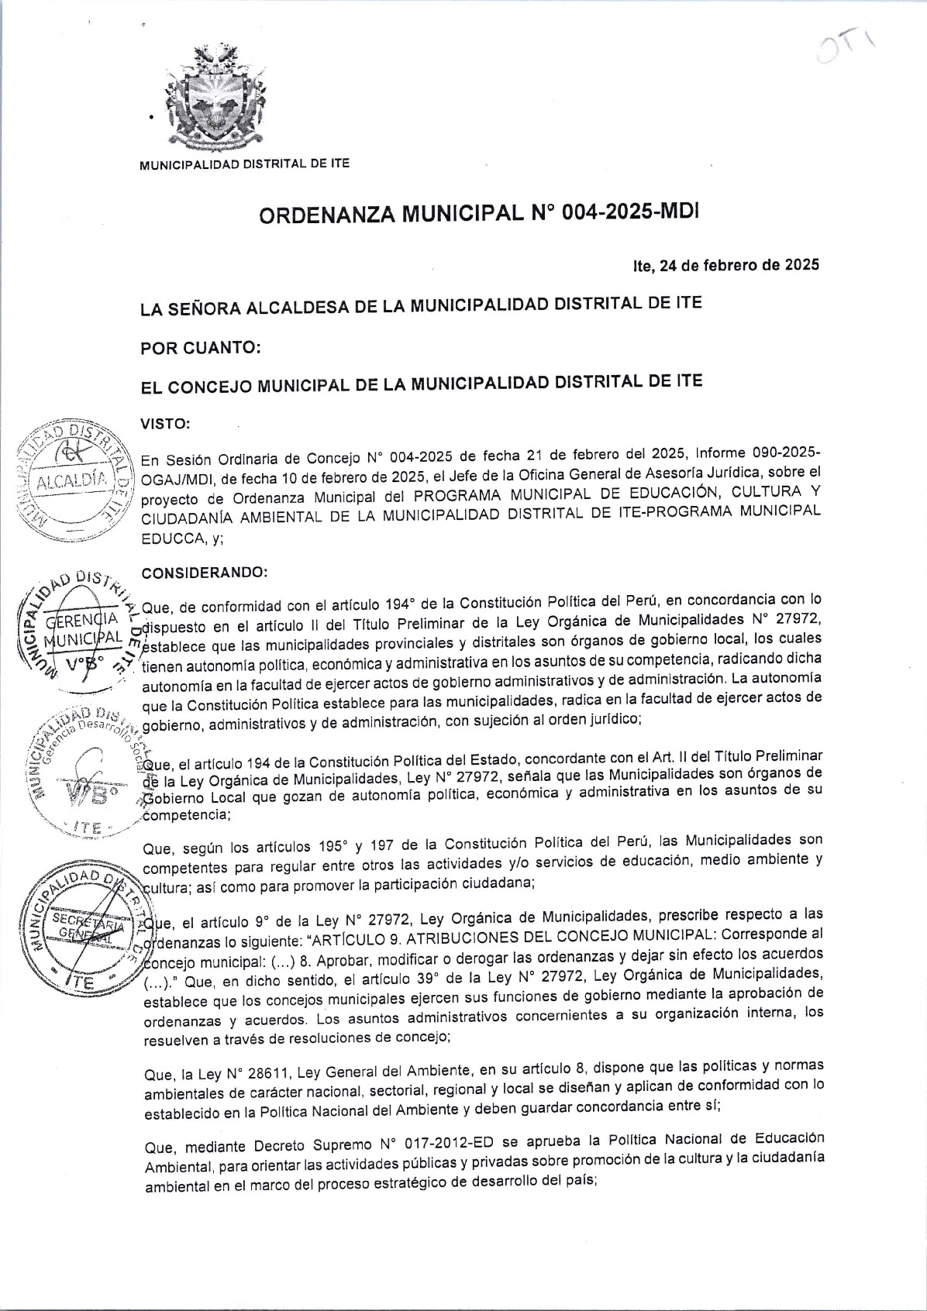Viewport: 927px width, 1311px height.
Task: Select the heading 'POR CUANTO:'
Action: (200, 348)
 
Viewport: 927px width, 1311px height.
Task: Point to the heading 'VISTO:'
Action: (164, 424)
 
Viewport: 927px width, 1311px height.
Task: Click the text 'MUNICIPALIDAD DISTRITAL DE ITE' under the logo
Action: (244, 163)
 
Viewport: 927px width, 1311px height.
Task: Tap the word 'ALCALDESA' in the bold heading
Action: (298, 308)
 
